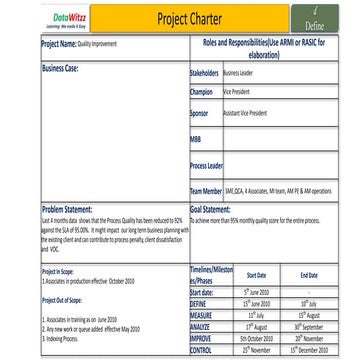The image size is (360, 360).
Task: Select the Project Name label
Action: pos(60,45)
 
